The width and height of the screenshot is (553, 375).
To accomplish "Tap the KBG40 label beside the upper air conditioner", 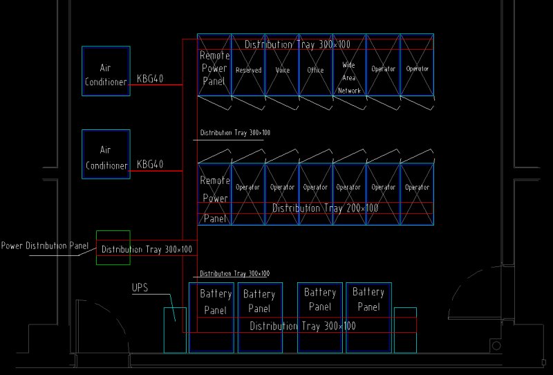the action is tap(150, 78).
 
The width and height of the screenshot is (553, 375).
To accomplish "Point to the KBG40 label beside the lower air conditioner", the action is tap(150, 164).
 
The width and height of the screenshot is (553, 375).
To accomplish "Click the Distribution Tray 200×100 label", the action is tap(325, 208).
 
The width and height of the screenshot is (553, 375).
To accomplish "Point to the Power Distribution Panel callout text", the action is tap(45, 246).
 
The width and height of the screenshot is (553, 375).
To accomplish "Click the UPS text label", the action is tap(140, 288).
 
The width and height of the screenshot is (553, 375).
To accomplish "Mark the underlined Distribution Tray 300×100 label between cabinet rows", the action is tap(235, 133).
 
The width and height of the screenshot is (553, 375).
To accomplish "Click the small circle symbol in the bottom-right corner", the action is tap(496, 346).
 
